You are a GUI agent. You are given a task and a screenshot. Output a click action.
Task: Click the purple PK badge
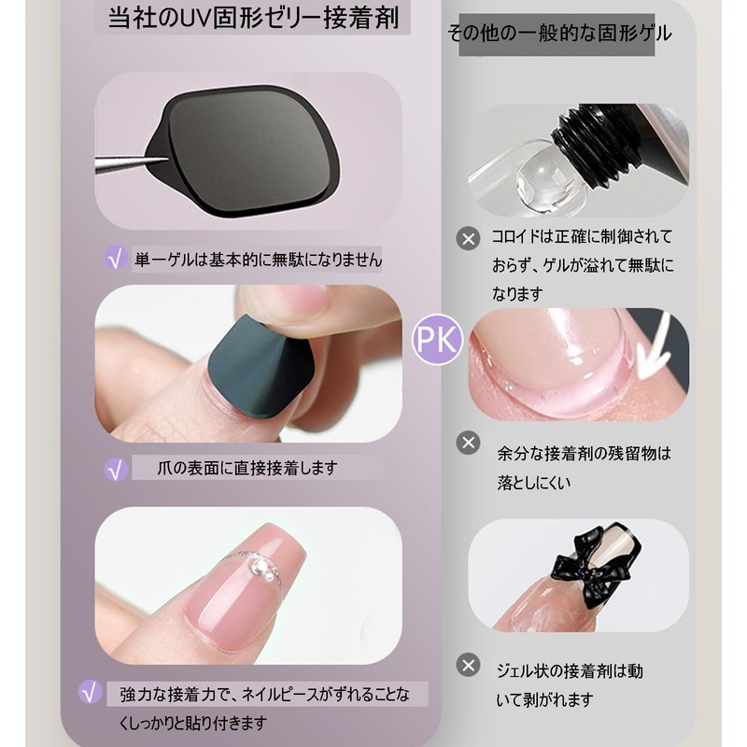coord(436,340)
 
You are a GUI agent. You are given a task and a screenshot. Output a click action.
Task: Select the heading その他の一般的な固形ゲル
coord(558,35)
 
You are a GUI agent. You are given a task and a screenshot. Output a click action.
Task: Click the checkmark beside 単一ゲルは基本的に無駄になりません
coord(116,259)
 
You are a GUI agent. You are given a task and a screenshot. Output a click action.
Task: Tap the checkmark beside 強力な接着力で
coord(91,692)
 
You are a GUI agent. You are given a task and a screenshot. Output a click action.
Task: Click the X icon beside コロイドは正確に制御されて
coord(468,238)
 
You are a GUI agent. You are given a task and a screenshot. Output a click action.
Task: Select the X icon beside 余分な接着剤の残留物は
coord(468,443)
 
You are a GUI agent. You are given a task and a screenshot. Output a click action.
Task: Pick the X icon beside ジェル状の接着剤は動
coord(468,665)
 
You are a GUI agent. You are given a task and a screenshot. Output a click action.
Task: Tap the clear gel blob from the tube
coord(541,172)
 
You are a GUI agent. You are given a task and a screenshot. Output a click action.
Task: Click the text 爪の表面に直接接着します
coord(247,468)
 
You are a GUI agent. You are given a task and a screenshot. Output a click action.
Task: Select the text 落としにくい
coord(534,484)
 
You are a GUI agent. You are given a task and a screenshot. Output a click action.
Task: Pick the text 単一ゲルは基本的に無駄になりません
coord(258,259)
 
